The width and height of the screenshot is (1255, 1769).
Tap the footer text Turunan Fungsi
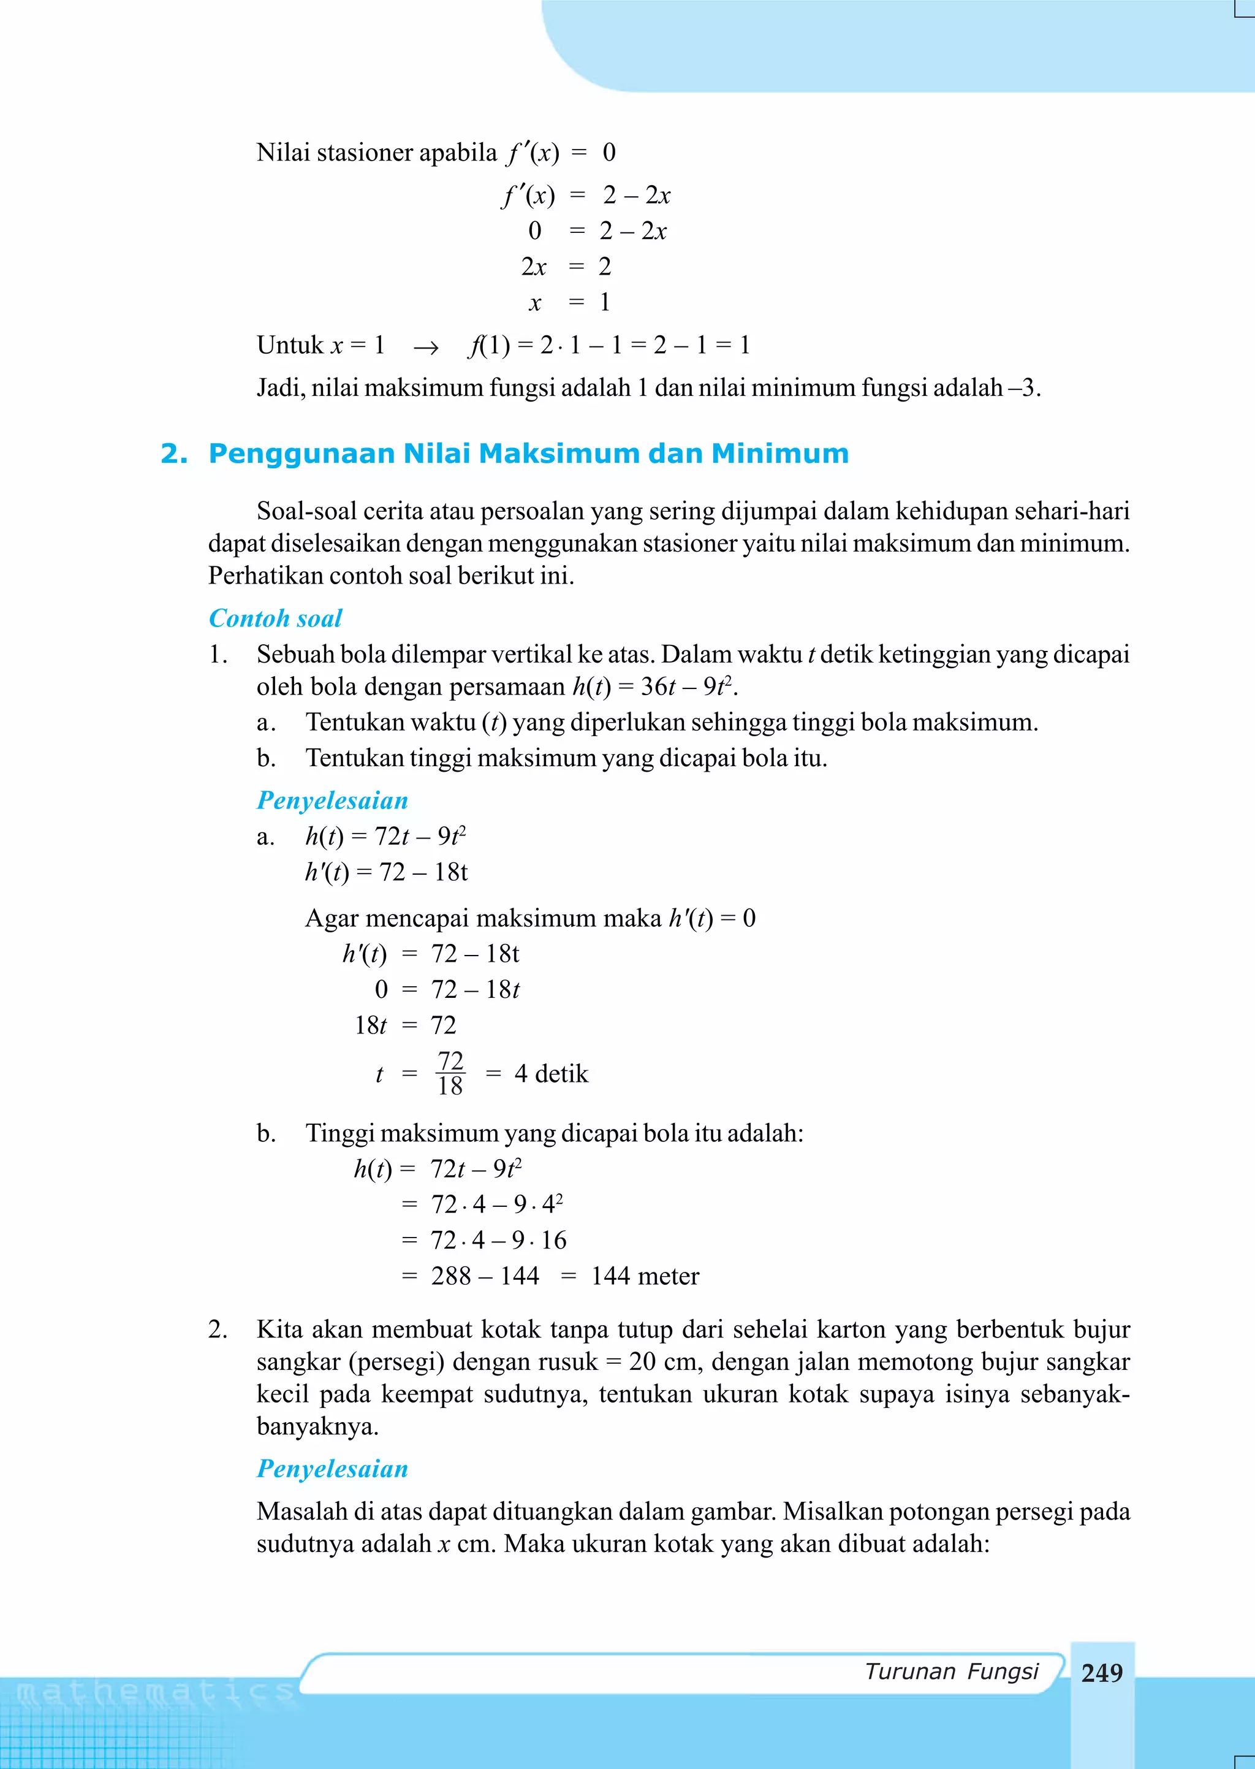coord(951,1671)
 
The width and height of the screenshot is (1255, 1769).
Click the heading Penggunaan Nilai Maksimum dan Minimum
coord(529,453)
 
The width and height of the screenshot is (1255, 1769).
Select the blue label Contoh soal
coord(275,618)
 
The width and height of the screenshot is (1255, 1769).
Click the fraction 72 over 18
coord(450,1073)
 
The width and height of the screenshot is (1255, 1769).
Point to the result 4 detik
coord(551,1073)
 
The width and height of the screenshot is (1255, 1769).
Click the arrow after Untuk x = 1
coord(426,347)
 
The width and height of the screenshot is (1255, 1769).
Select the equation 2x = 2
coord(566,267)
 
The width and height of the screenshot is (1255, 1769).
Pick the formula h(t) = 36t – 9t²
coord(653,687)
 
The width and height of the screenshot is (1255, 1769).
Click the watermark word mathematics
coord(154,1692)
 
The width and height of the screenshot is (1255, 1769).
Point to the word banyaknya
coord(317,1426)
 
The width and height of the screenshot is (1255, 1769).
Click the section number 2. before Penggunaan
coord(174,453)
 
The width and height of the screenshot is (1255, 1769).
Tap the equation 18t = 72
coord(405,1025)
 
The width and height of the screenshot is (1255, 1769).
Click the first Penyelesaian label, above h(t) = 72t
coord(332,800)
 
